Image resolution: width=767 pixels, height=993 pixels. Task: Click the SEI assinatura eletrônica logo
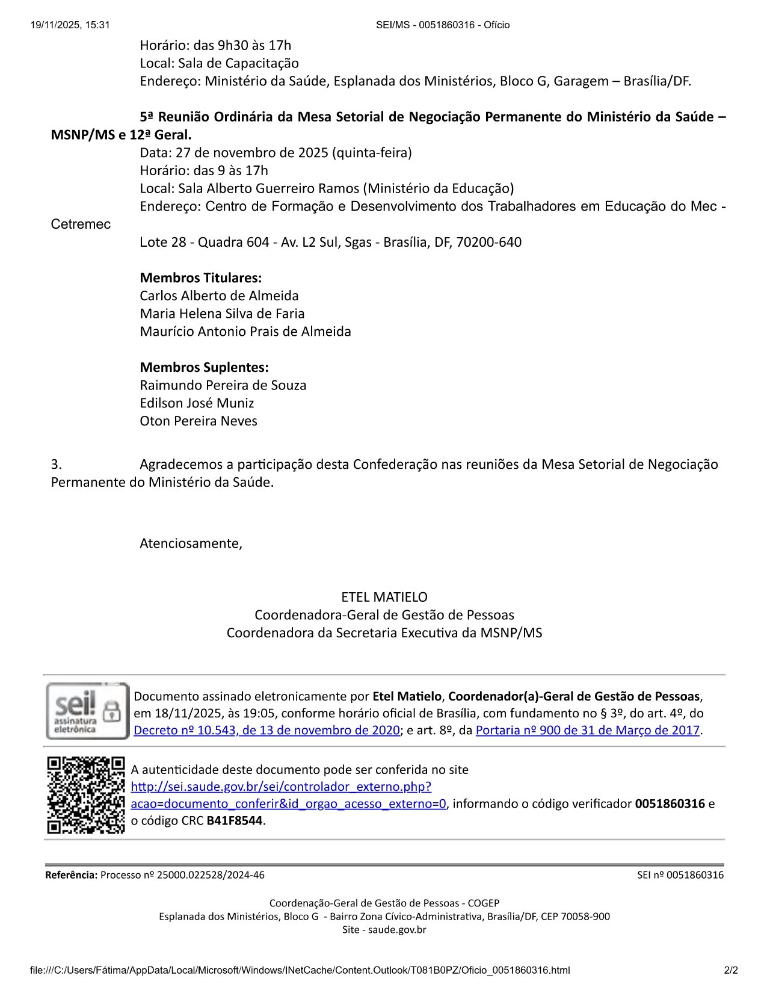pos(87,711)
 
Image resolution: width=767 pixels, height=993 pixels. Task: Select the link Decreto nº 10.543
pos(266,730)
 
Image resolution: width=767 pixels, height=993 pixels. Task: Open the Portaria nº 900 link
pos(587,730)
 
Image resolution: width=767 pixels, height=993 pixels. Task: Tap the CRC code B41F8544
pos(235,820)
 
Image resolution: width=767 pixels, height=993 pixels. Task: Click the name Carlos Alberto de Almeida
pos(219,295)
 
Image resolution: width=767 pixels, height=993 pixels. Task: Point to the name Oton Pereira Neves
pos(199,421)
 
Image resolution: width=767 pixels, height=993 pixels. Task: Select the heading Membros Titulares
pos(200,277)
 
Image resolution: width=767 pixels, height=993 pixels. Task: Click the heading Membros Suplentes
pos(204,367)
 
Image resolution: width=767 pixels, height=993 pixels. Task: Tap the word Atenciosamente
pos(191,543)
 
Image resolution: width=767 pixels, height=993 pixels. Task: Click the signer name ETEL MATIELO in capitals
pos(384,597)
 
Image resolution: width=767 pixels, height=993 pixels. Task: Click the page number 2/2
pos(731,970)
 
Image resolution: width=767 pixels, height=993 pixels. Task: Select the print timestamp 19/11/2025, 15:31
pos(70,25)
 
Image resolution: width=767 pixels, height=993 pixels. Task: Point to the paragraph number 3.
pos(56,464)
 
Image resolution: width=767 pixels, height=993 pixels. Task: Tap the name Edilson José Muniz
pos(197,403)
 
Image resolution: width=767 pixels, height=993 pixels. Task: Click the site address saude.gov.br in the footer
pos(397,930)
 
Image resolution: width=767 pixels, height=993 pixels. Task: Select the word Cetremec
pos(81,224)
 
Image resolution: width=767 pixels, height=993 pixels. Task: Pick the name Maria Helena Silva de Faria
pos(222,314)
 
